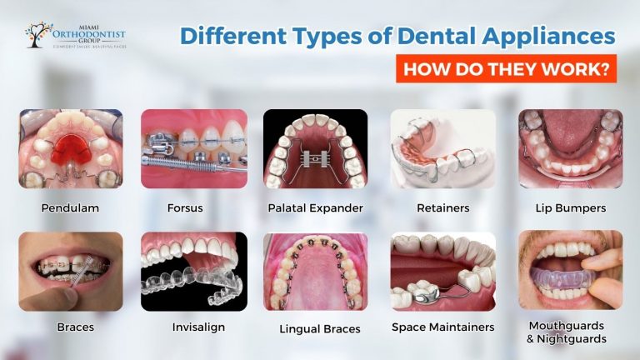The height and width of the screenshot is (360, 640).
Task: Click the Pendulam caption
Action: pos(70,207)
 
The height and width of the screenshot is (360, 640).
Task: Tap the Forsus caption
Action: pos(193,207)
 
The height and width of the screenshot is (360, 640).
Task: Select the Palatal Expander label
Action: pos(316,207)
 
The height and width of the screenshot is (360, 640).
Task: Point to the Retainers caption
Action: pos(442,207)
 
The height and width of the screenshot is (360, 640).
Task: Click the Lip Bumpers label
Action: pos(570,207)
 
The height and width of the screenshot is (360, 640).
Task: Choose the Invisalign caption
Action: pos(193,327)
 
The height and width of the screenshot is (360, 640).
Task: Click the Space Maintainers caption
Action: pos(442,327)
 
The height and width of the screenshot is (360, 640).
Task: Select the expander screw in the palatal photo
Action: pos(315,157)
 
